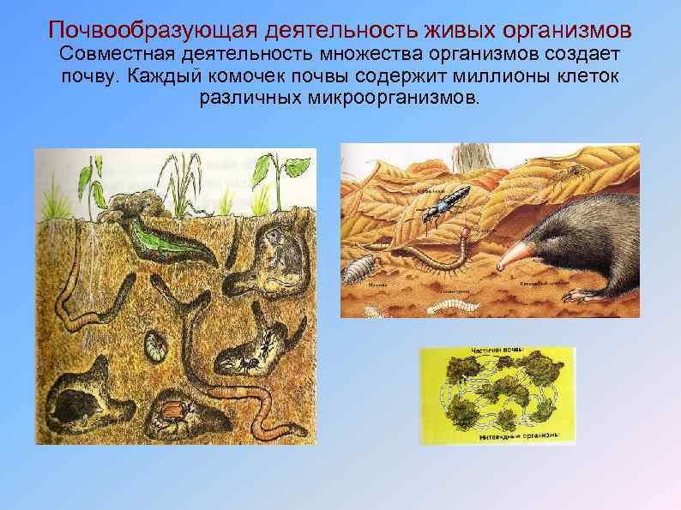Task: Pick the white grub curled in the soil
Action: [155, 346]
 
